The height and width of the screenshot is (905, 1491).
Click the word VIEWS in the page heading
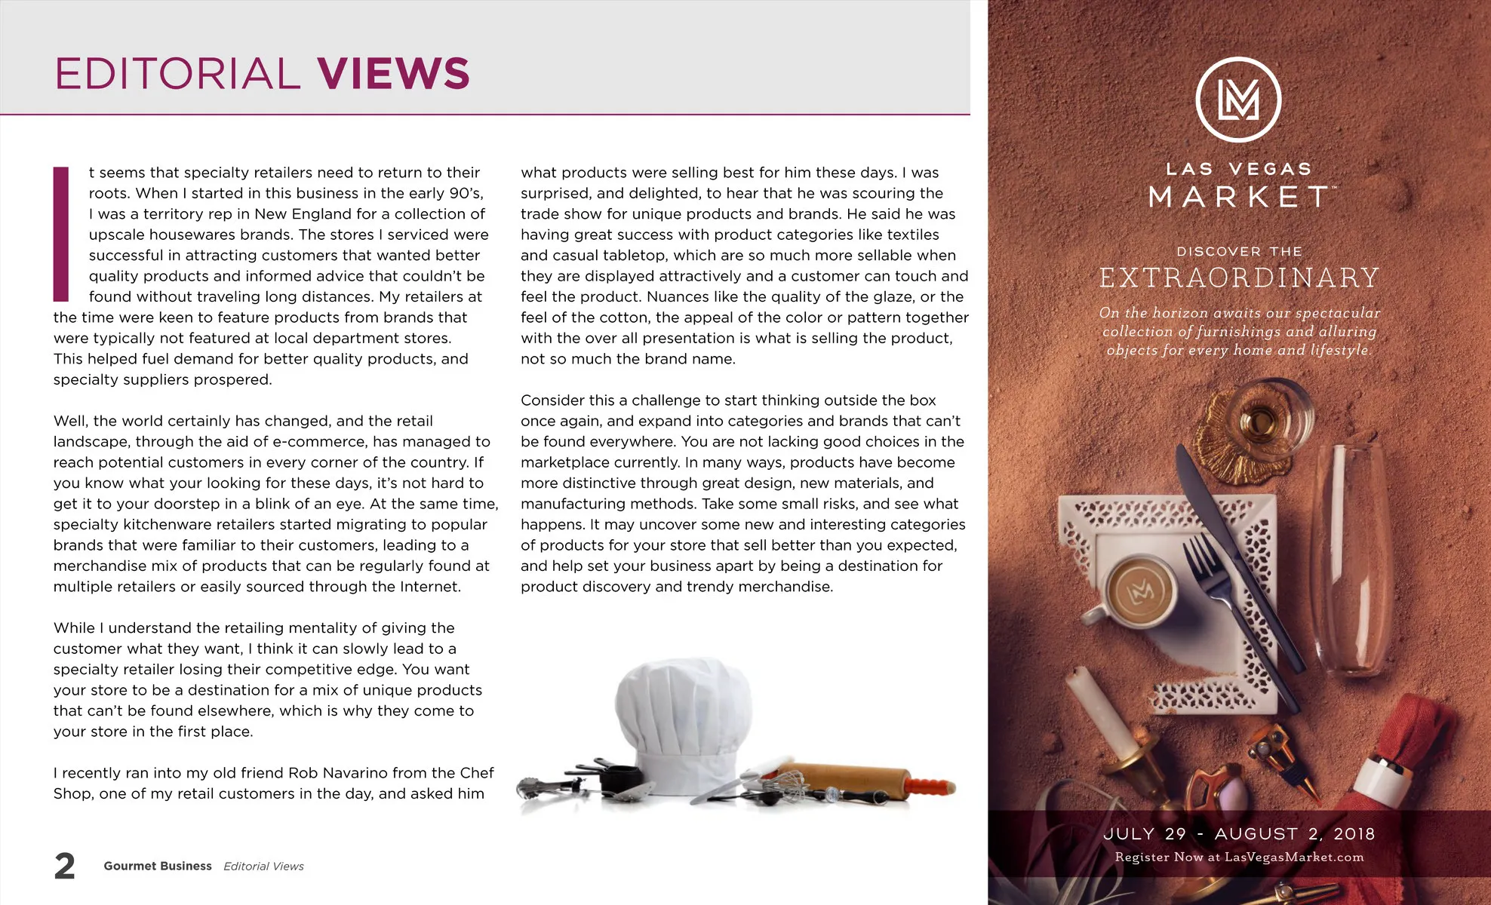tap(393, 73)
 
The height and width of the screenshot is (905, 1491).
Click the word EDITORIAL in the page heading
tap(177, 74)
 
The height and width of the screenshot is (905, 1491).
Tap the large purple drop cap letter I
tap(61, 235)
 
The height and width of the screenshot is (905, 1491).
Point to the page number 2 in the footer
tap(65, 866)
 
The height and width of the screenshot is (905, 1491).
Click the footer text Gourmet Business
tap(158, 866)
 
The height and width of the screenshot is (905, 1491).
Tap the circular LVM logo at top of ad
tap(1238, 100)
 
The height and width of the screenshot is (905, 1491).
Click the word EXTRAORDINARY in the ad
tap(1239, 278)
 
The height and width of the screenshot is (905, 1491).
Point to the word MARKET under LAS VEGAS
tap(1239, 198)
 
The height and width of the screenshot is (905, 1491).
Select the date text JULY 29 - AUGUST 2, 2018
tap(1239, 834)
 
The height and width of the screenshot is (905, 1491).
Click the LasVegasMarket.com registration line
tap(1239, 857)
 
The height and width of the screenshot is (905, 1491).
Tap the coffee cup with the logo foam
tap(1140, 591)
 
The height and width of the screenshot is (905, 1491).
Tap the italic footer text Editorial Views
tap(263, 867)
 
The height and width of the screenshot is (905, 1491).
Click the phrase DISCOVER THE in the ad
tap(1239, 252)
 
